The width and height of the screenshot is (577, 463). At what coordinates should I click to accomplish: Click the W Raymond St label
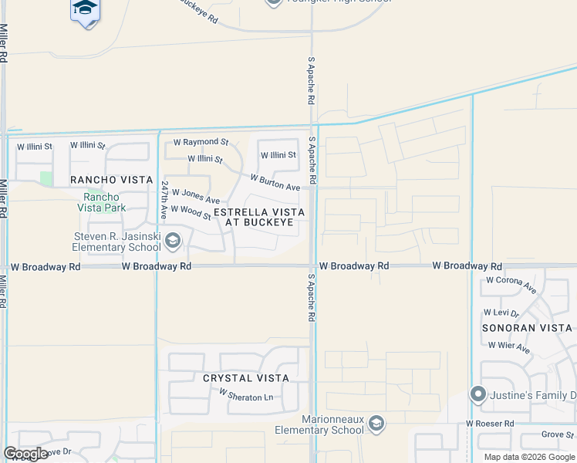coord(201,143)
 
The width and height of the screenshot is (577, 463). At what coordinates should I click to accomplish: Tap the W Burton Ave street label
coord(275,183)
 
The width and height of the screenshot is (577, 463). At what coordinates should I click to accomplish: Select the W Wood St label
coord(191,211)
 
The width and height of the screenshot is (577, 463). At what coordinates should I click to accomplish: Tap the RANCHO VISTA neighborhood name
coord(112,180)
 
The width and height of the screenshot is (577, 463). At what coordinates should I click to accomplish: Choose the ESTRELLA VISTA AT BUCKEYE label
coord(259,217)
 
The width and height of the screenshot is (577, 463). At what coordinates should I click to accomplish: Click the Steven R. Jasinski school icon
coord(173,242)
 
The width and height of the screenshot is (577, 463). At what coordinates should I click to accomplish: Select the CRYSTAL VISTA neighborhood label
coord(246,378)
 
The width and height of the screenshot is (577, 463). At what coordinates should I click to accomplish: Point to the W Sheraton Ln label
coord(246,395)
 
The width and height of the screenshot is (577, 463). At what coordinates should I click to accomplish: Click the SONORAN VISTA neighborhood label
coord(528,328)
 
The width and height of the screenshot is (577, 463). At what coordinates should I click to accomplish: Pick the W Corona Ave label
coord(511,284)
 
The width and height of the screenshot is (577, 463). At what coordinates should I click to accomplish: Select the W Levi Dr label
coord(501,313)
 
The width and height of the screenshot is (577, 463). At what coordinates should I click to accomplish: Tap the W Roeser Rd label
coord(490,424)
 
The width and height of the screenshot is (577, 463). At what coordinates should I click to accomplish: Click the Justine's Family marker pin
coord(477,396)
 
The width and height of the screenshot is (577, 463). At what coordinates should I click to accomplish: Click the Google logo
coord(25,454)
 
